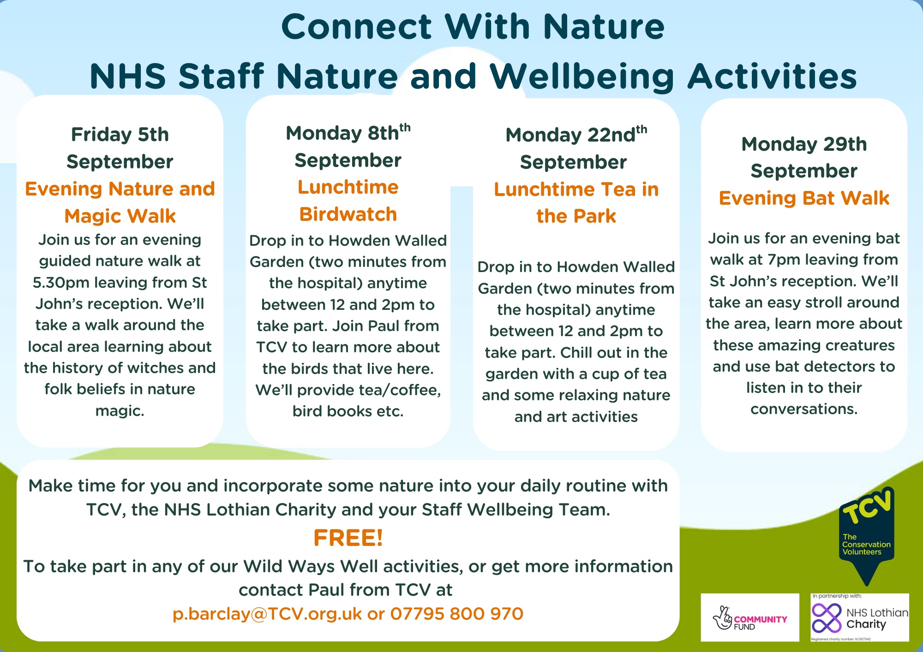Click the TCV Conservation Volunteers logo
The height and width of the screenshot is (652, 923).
[867, 535]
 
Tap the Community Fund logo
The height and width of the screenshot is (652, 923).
[750, 617]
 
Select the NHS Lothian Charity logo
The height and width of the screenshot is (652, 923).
[860, 617]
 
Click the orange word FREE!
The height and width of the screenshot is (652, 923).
[348, 538]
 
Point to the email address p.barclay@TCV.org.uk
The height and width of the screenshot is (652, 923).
[267, 614]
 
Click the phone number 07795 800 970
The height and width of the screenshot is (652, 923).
[457, 614]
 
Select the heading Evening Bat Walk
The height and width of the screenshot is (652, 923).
[804, 198]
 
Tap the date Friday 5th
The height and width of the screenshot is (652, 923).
[120, 135]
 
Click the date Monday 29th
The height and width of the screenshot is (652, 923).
[804, 144]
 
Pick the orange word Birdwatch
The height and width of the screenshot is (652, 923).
[348, 214]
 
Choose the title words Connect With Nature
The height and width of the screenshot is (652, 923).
[473, 26]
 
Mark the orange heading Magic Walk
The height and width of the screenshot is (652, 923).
[120, 216]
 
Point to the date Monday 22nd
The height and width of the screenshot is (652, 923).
[576, 135]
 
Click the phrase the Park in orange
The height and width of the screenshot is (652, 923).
[576, 216]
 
